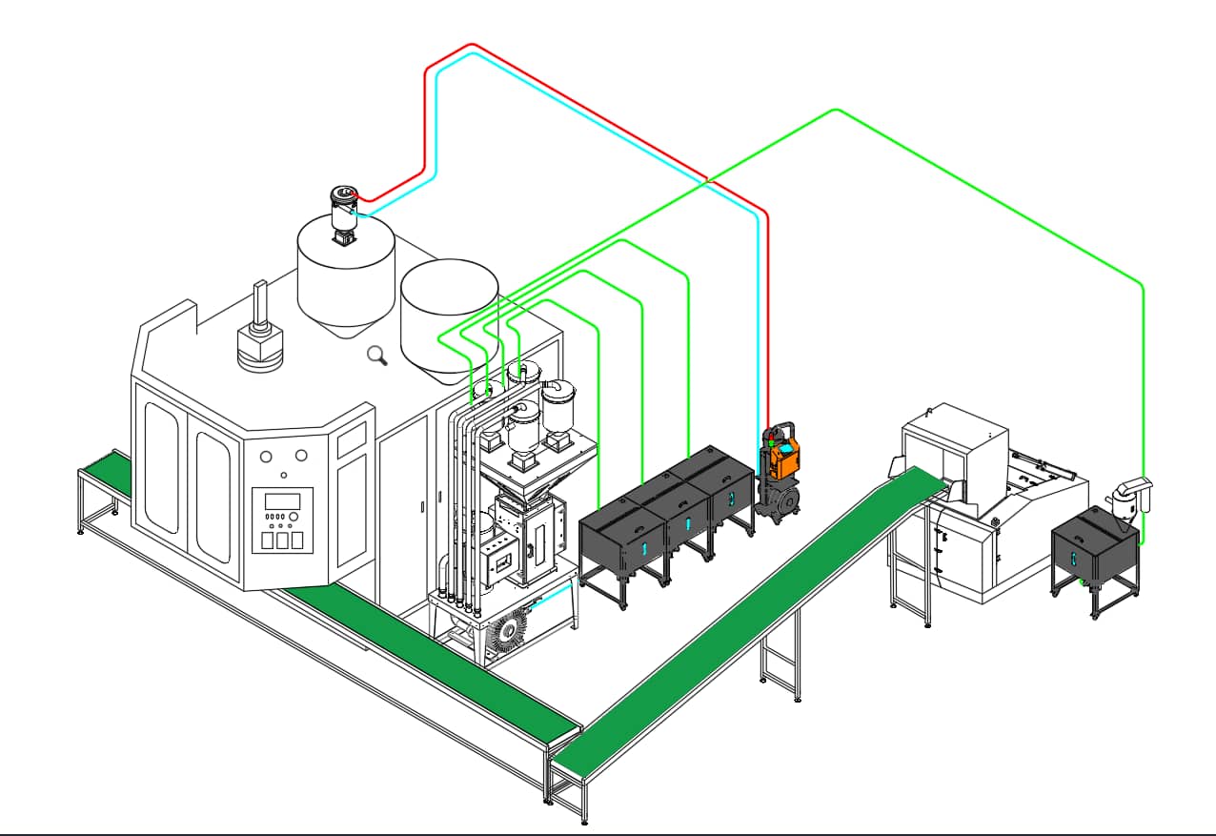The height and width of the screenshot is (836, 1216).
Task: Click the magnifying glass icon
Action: click(x=377, y=356)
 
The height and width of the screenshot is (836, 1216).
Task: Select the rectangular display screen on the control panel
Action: click(x=282, y=501)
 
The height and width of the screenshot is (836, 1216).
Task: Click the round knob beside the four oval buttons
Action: click(x=294, y=516)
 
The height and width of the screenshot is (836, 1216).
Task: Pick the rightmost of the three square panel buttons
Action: click(x=297, y=540)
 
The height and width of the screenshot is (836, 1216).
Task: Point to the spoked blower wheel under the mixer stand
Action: click(x=503, y=632)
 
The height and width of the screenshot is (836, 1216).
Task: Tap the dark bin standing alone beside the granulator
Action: click(x=1094, y=548)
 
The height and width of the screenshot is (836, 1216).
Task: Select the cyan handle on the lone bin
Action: click(x=1075, y=561)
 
